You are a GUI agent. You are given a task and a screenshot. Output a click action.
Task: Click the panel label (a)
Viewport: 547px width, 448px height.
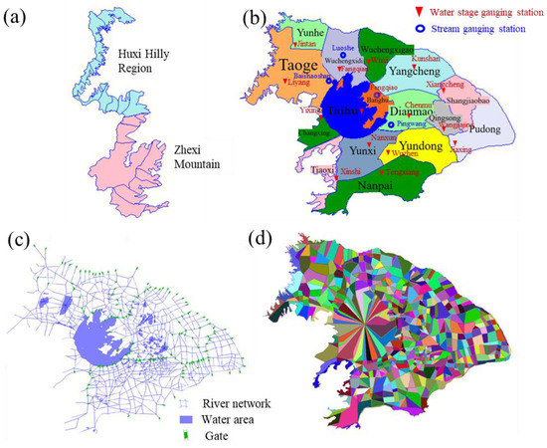coord(22,20)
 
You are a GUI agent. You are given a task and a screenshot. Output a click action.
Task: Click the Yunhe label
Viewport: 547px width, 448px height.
coord(305,31)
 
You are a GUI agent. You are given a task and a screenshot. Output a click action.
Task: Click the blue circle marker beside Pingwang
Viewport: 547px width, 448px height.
coord(387,124)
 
